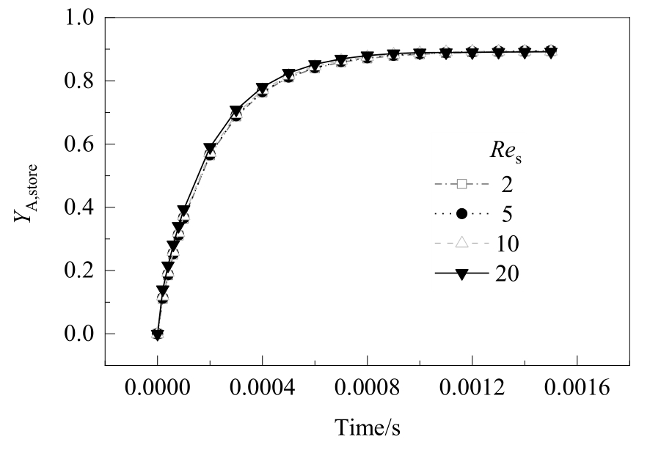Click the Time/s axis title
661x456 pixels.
click(368, 427)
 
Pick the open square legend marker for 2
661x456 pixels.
click(462, 184)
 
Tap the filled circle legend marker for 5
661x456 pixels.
click(462, 213)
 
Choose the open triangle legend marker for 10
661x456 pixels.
click(462, 243)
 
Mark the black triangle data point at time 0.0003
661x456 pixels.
click(235, 111)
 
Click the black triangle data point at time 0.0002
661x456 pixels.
click(210, 149)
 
